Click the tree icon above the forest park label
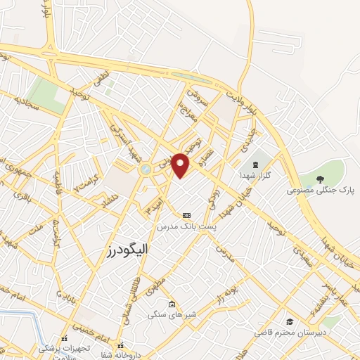[321, 179]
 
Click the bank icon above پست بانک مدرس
[186, 215]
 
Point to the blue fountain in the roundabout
[145, 169]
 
